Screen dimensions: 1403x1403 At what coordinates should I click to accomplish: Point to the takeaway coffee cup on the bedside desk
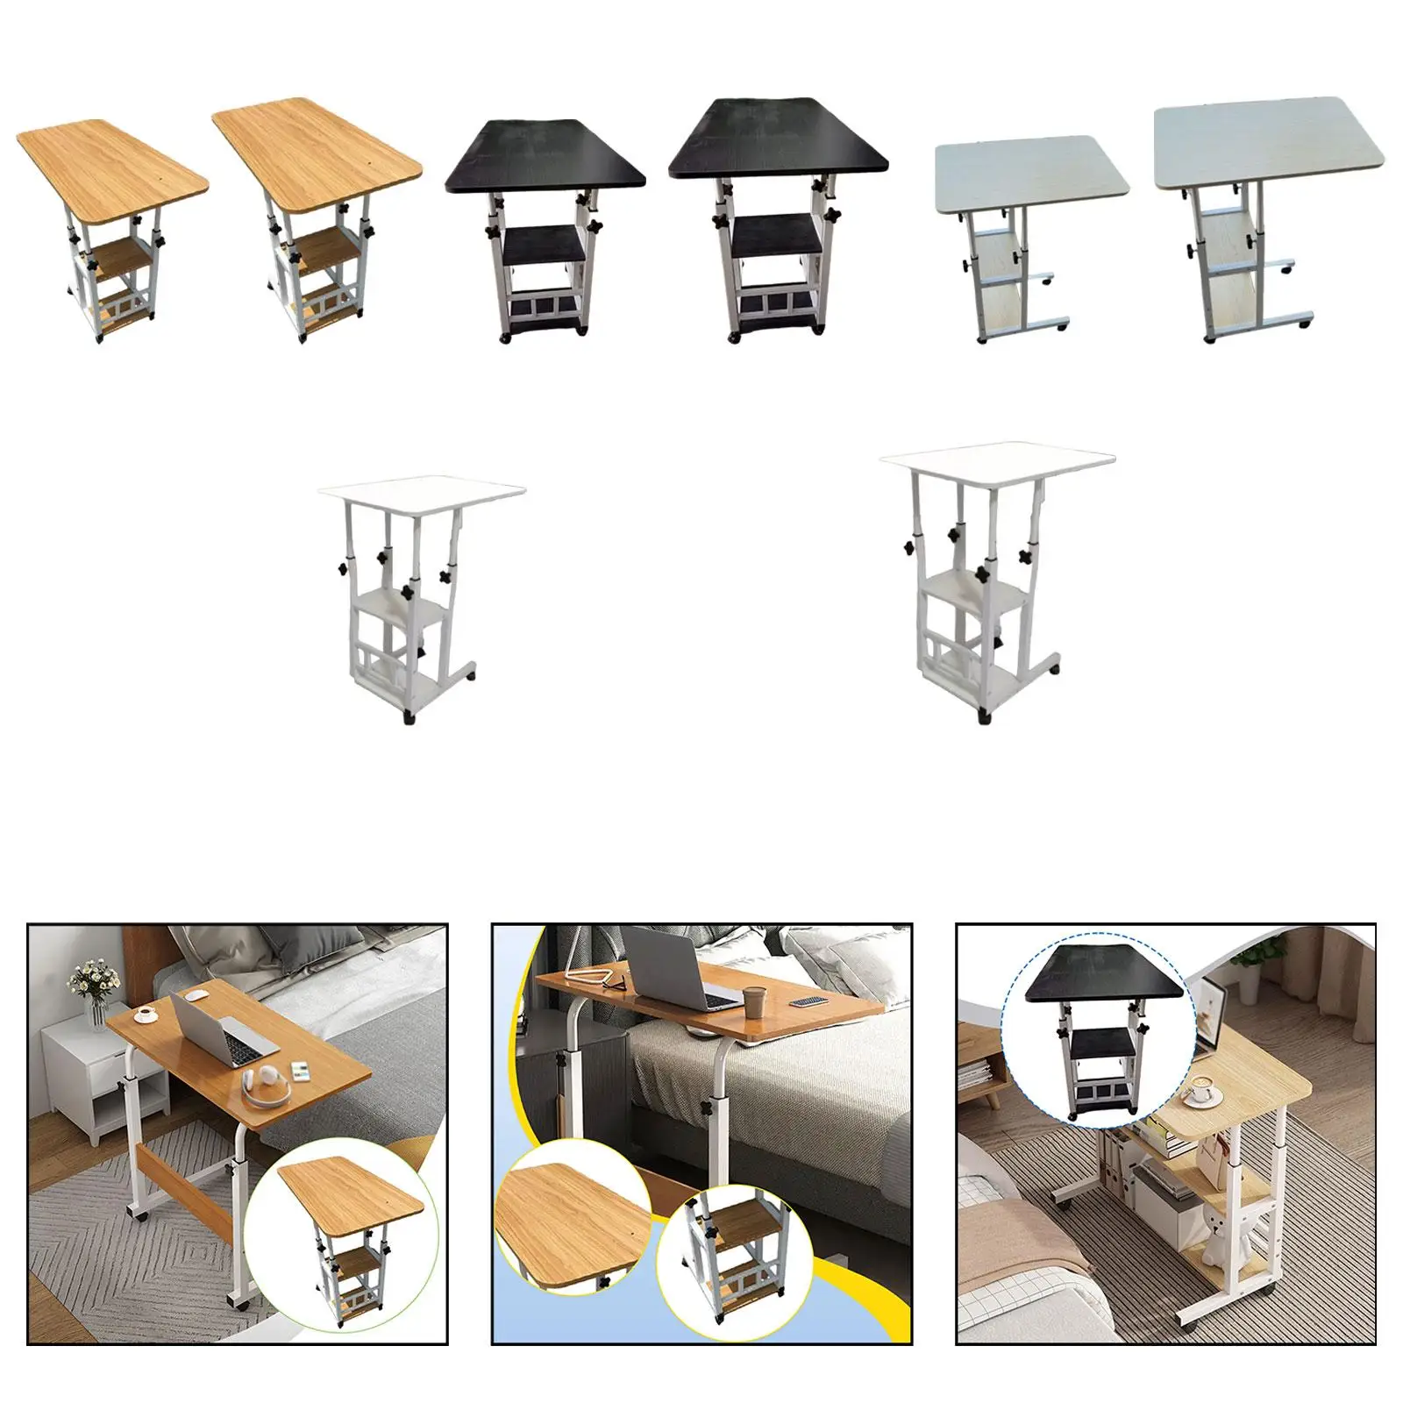pyautogui.click(x=755, y=999)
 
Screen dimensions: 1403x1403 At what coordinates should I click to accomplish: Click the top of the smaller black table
pyautogui.click(x=544, y=158)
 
